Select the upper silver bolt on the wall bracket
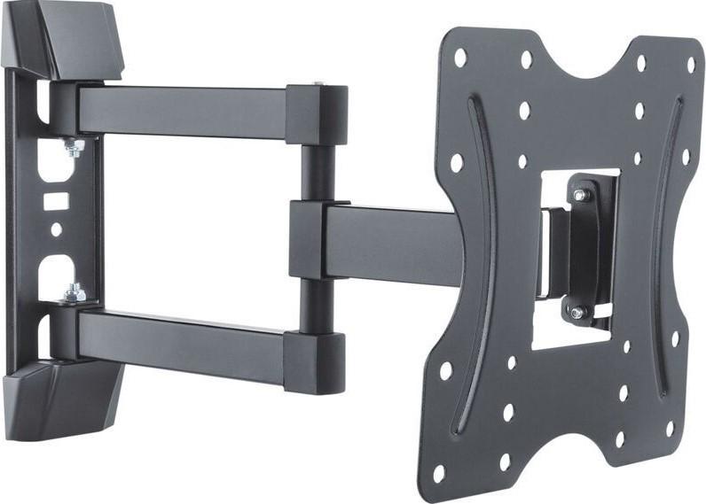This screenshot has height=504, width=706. [x=74, y=145]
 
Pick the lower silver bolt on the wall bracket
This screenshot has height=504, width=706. [x=74, y=291]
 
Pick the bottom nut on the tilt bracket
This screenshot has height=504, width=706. [x=577, y=312]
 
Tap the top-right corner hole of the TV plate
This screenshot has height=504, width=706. [x=690, y=64]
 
